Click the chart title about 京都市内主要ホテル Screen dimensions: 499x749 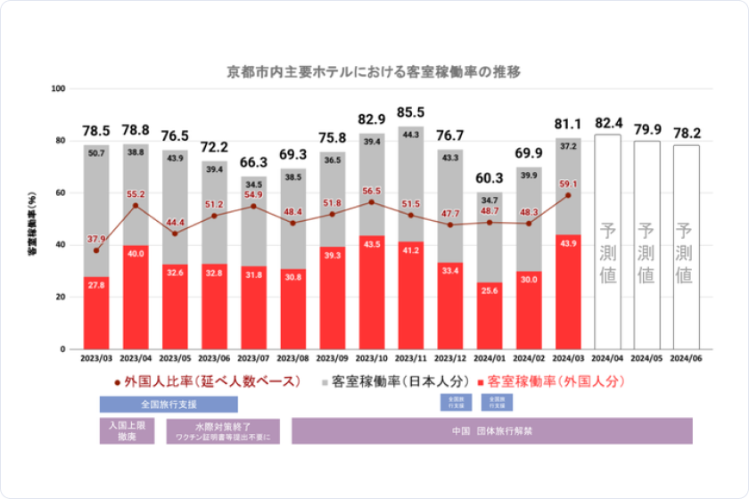pos(374,72)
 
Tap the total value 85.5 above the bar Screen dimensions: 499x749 pos(411,113)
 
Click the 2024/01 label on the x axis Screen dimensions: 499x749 pos(490,361)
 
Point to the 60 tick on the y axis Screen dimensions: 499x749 pos(61,192)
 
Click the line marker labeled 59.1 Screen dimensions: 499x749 pos(567,195)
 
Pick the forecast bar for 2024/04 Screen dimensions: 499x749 pos(608,241)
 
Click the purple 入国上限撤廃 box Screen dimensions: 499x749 pos(127,431)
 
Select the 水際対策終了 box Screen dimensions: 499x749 pos(223,431)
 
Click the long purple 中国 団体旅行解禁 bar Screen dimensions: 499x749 pos(491,431)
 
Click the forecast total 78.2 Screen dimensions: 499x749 pos(684,134)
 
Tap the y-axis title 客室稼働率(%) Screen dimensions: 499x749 pos(33,219)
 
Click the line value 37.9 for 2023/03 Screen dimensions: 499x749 pos(97,238)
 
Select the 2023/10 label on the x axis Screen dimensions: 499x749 pos(372,361)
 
